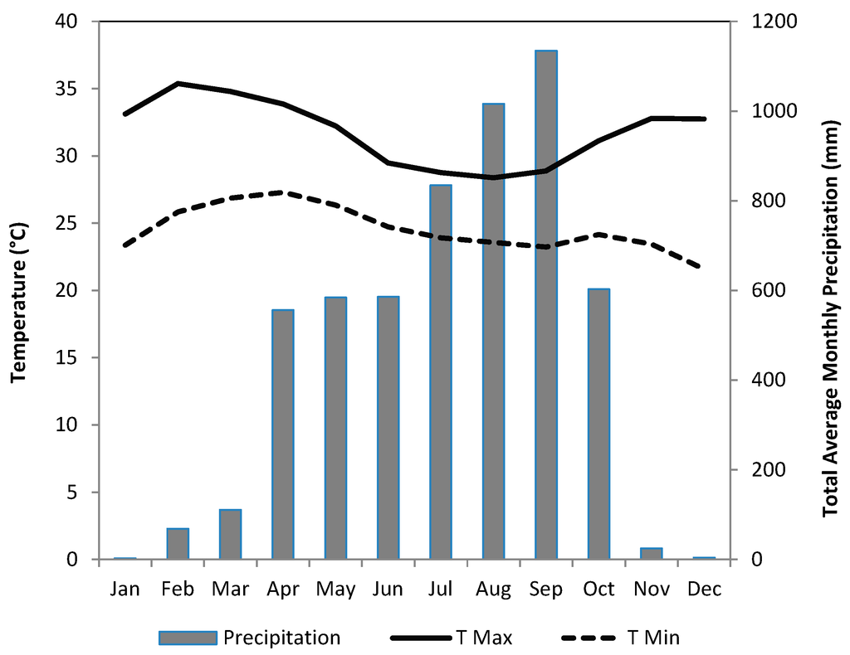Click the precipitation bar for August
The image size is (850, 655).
[493, 332]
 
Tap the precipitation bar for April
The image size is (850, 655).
[283, 434]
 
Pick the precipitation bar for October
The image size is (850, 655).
[598, 424]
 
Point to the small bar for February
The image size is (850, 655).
[178, 544]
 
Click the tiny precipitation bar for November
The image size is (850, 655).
[652, 554]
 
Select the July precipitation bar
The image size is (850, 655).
[441, 372]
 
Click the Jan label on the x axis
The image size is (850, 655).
[125, 589]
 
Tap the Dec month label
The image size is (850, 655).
[704, 589]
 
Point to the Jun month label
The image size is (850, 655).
[388, 589]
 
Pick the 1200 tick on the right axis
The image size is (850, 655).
[769, 22]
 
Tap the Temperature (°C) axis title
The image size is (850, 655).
[19, 290]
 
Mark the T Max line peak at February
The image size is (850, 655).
[178, 83]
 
